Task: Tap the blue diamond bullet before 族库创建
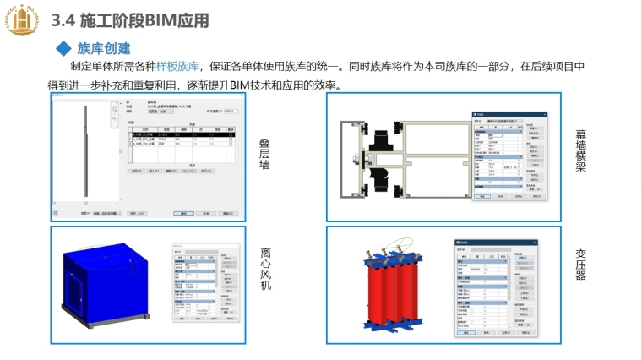(61, 48)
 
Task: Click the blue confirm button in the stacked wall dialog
(183, 214)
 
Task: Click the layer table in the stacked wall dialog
(179, 140)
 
